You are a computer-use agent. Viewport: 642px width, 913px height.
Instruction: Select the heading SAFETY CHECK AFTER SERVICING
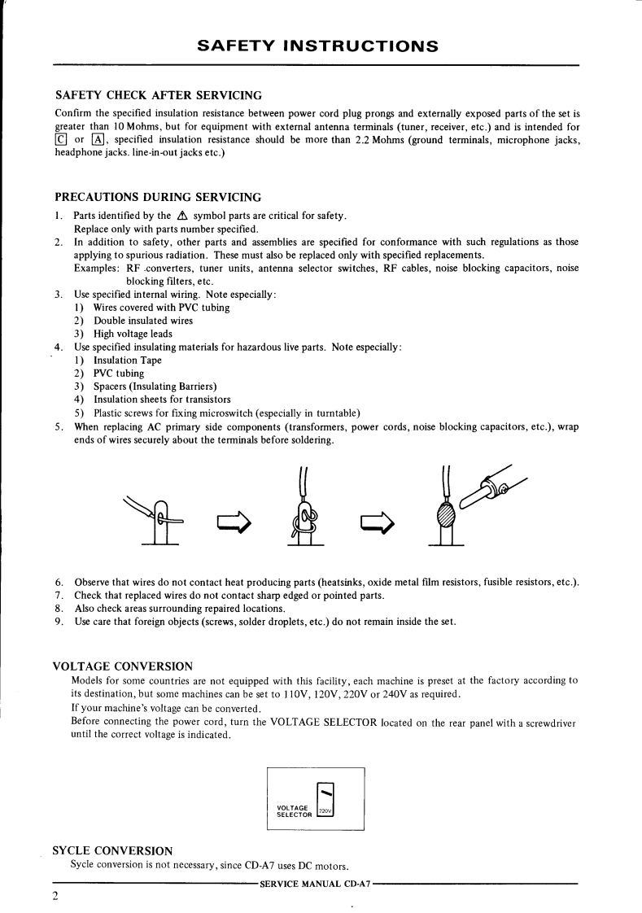pyautogui.click(x=158, y=97)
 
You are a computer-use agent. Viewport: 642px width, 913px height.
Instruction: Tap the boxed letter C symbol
pyautogui.click(x=60, y=141)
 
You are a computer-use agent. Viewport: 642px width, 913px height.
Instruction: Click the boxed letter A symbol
pyautogui.click(x=94, y=141)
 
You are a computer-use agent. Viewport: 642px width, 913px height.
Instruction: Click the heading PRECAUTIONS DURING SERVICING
pyautogui.click(x=157, y=197)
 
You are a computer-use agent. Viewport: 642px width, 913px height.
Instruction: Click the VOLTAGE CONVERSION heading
pyautogui.click(x=122, y=666)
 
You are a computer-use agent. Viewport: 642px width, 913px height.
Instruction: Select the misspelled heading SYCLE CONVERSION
pyautogui.click(x=112, y=850)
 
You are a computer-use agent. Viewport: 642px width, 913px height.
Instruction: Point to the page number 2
pyautogui.click(x=56, y=896)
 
